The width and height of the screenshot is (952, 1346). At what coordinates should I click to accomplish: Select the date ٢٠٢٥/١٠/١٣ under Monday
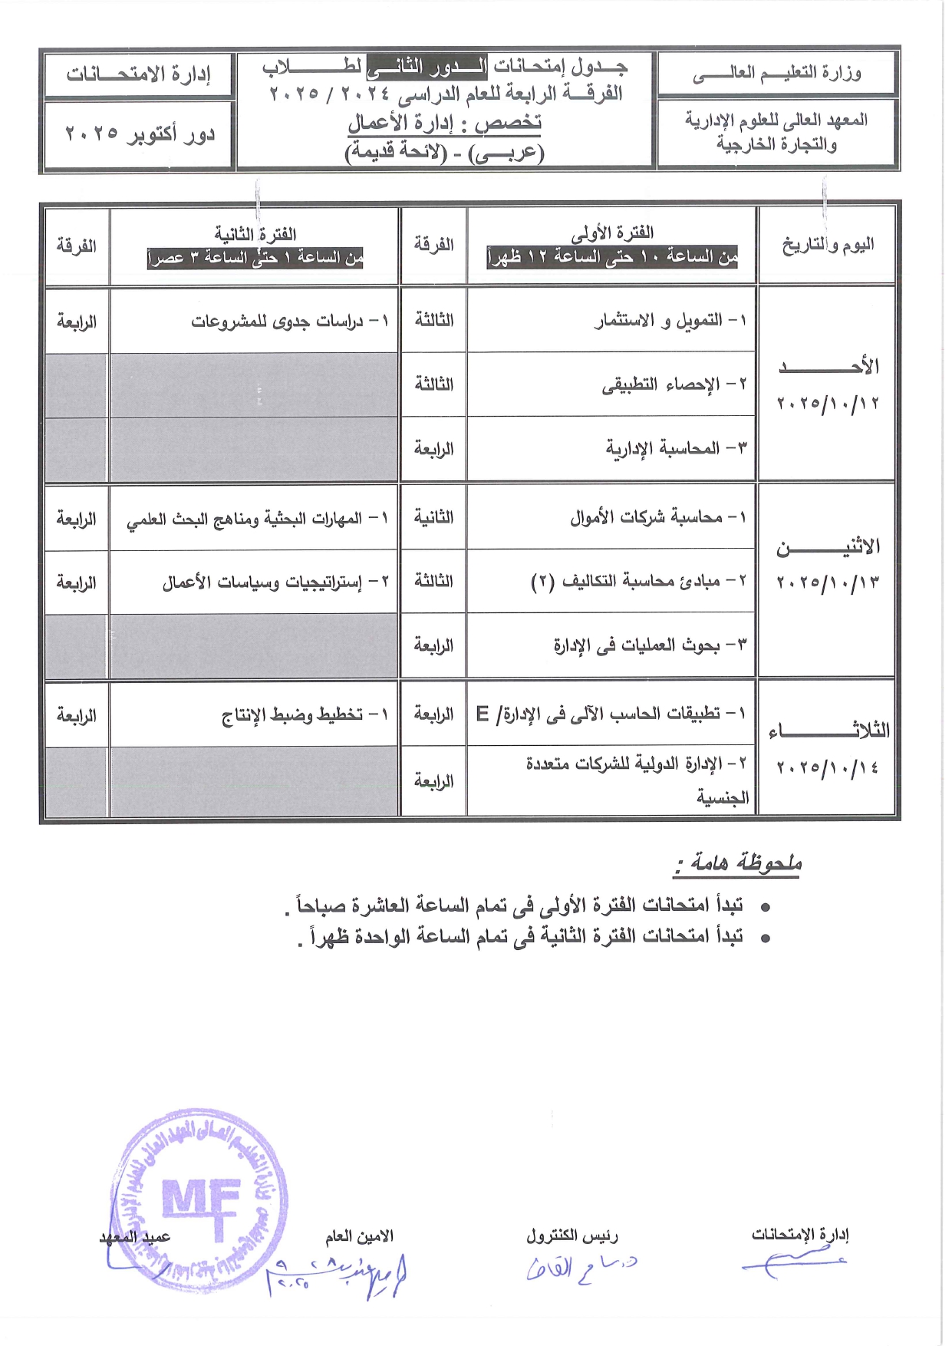(x=828, y=583)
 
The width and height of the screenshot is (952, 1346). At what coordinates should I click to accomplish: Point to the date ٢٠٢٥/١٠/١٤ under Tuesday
(x=828, y=767)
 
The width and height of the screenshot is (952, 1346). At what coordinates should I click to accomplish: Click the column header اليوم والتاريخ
(x=828, y=246)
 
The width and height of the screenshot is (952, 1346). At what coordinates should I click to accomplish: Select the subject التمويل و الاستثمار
(x=670, y=320)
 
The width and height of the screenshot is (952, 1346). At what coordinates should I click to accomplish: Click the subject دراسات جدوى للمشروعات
(x=290, y=321)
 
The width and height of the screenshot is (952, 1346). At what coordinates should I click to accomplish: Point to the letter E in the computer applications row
(x=483, y=714)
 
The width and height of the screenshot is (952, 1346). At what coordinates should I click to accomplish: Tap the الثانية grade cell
(x=433, y=517)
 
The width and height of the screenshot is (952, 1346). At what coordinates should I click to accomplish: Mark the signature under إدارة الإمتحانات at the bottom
(x=794, y=1262)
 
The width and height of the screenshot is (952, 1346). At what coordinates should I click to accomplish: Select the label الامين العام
(x=359, y=1236)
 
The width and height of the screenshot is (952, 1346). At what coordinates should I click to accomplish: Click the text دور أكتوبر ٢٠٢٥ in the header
(x=140, y=134)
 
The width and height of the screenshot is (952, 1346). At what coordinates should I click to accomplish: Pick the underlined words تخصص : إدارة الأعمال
(x=445, y=123)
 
